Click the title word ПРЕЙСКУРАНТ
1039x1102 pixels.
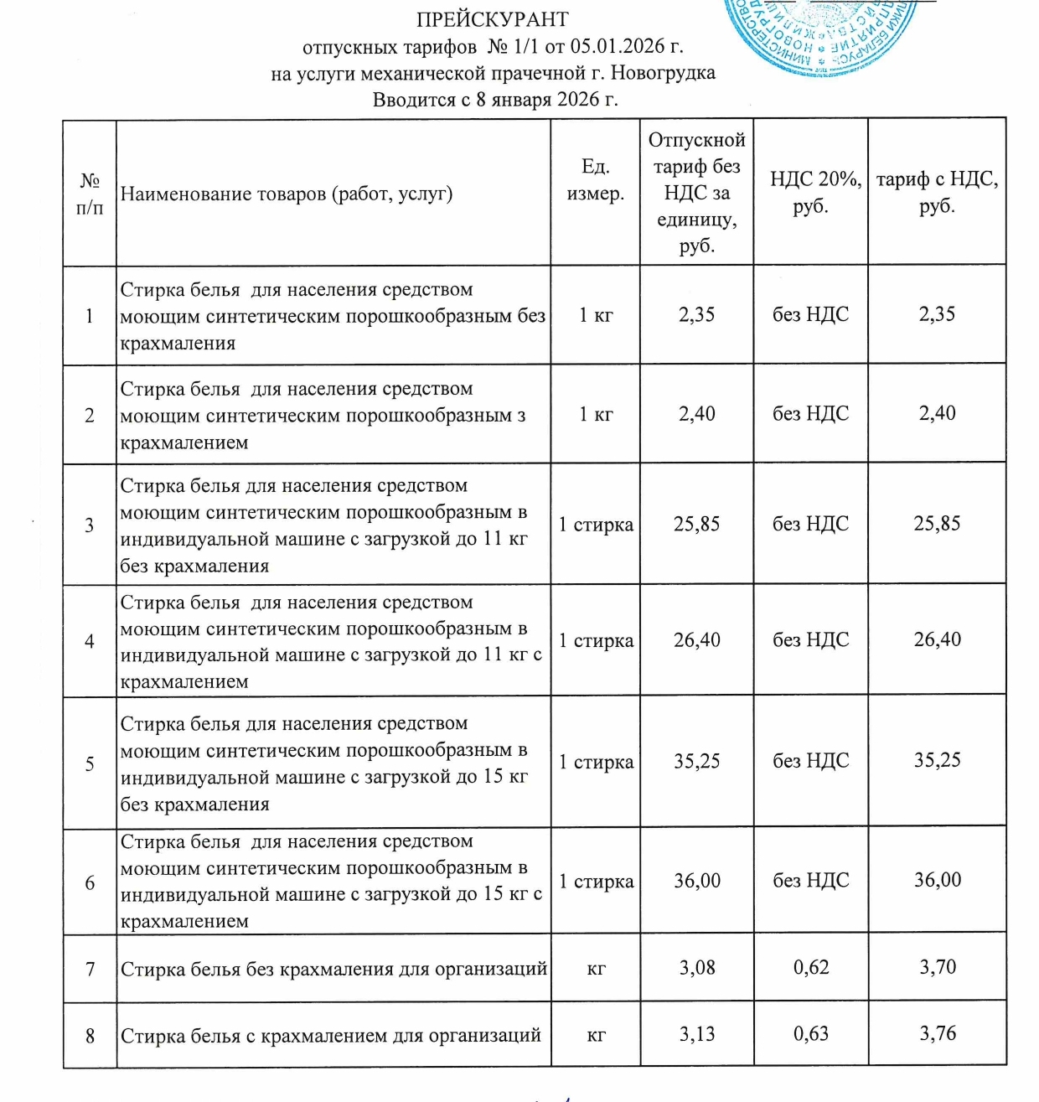tap(492, 19)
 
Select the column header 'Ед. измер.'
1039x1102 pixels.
tap(595, 179)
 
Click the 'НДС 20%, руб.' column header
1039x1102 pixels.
tap(810, 192)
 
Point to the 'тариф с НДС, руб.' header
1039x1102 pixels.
tap(937, 192)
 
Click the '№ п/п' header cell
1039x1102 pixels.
tap(90, 194)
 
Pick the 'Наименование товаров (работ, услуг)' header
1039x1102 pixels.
tap(287, 194)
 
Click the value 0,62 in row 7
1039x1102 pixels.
tap(810, 967)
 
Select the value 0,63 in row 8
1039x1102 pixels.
tap(810, 1033)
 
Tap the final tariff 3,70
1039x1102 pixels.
tap(937, 967)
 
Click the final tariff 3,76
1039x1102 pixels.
tap(937, 1033)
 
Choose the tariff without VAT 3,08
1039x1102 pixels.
tap(697, 967)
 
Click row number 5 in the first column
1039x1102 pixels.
tap(90, 763)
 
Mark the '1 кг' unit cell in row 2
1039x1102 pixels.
tap(596, 414)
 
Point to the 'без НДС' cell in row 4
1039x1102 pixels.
tap(810, 640)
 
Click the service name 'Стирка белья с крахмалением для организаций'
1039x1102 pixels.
tap(331, 1036)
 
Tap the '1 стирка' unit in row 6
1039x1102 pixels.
tap(596, 882)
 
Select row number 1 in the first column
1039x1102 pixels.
tap(90, 316)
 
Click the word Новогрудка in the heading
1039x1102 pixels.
tap(663, 73)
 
